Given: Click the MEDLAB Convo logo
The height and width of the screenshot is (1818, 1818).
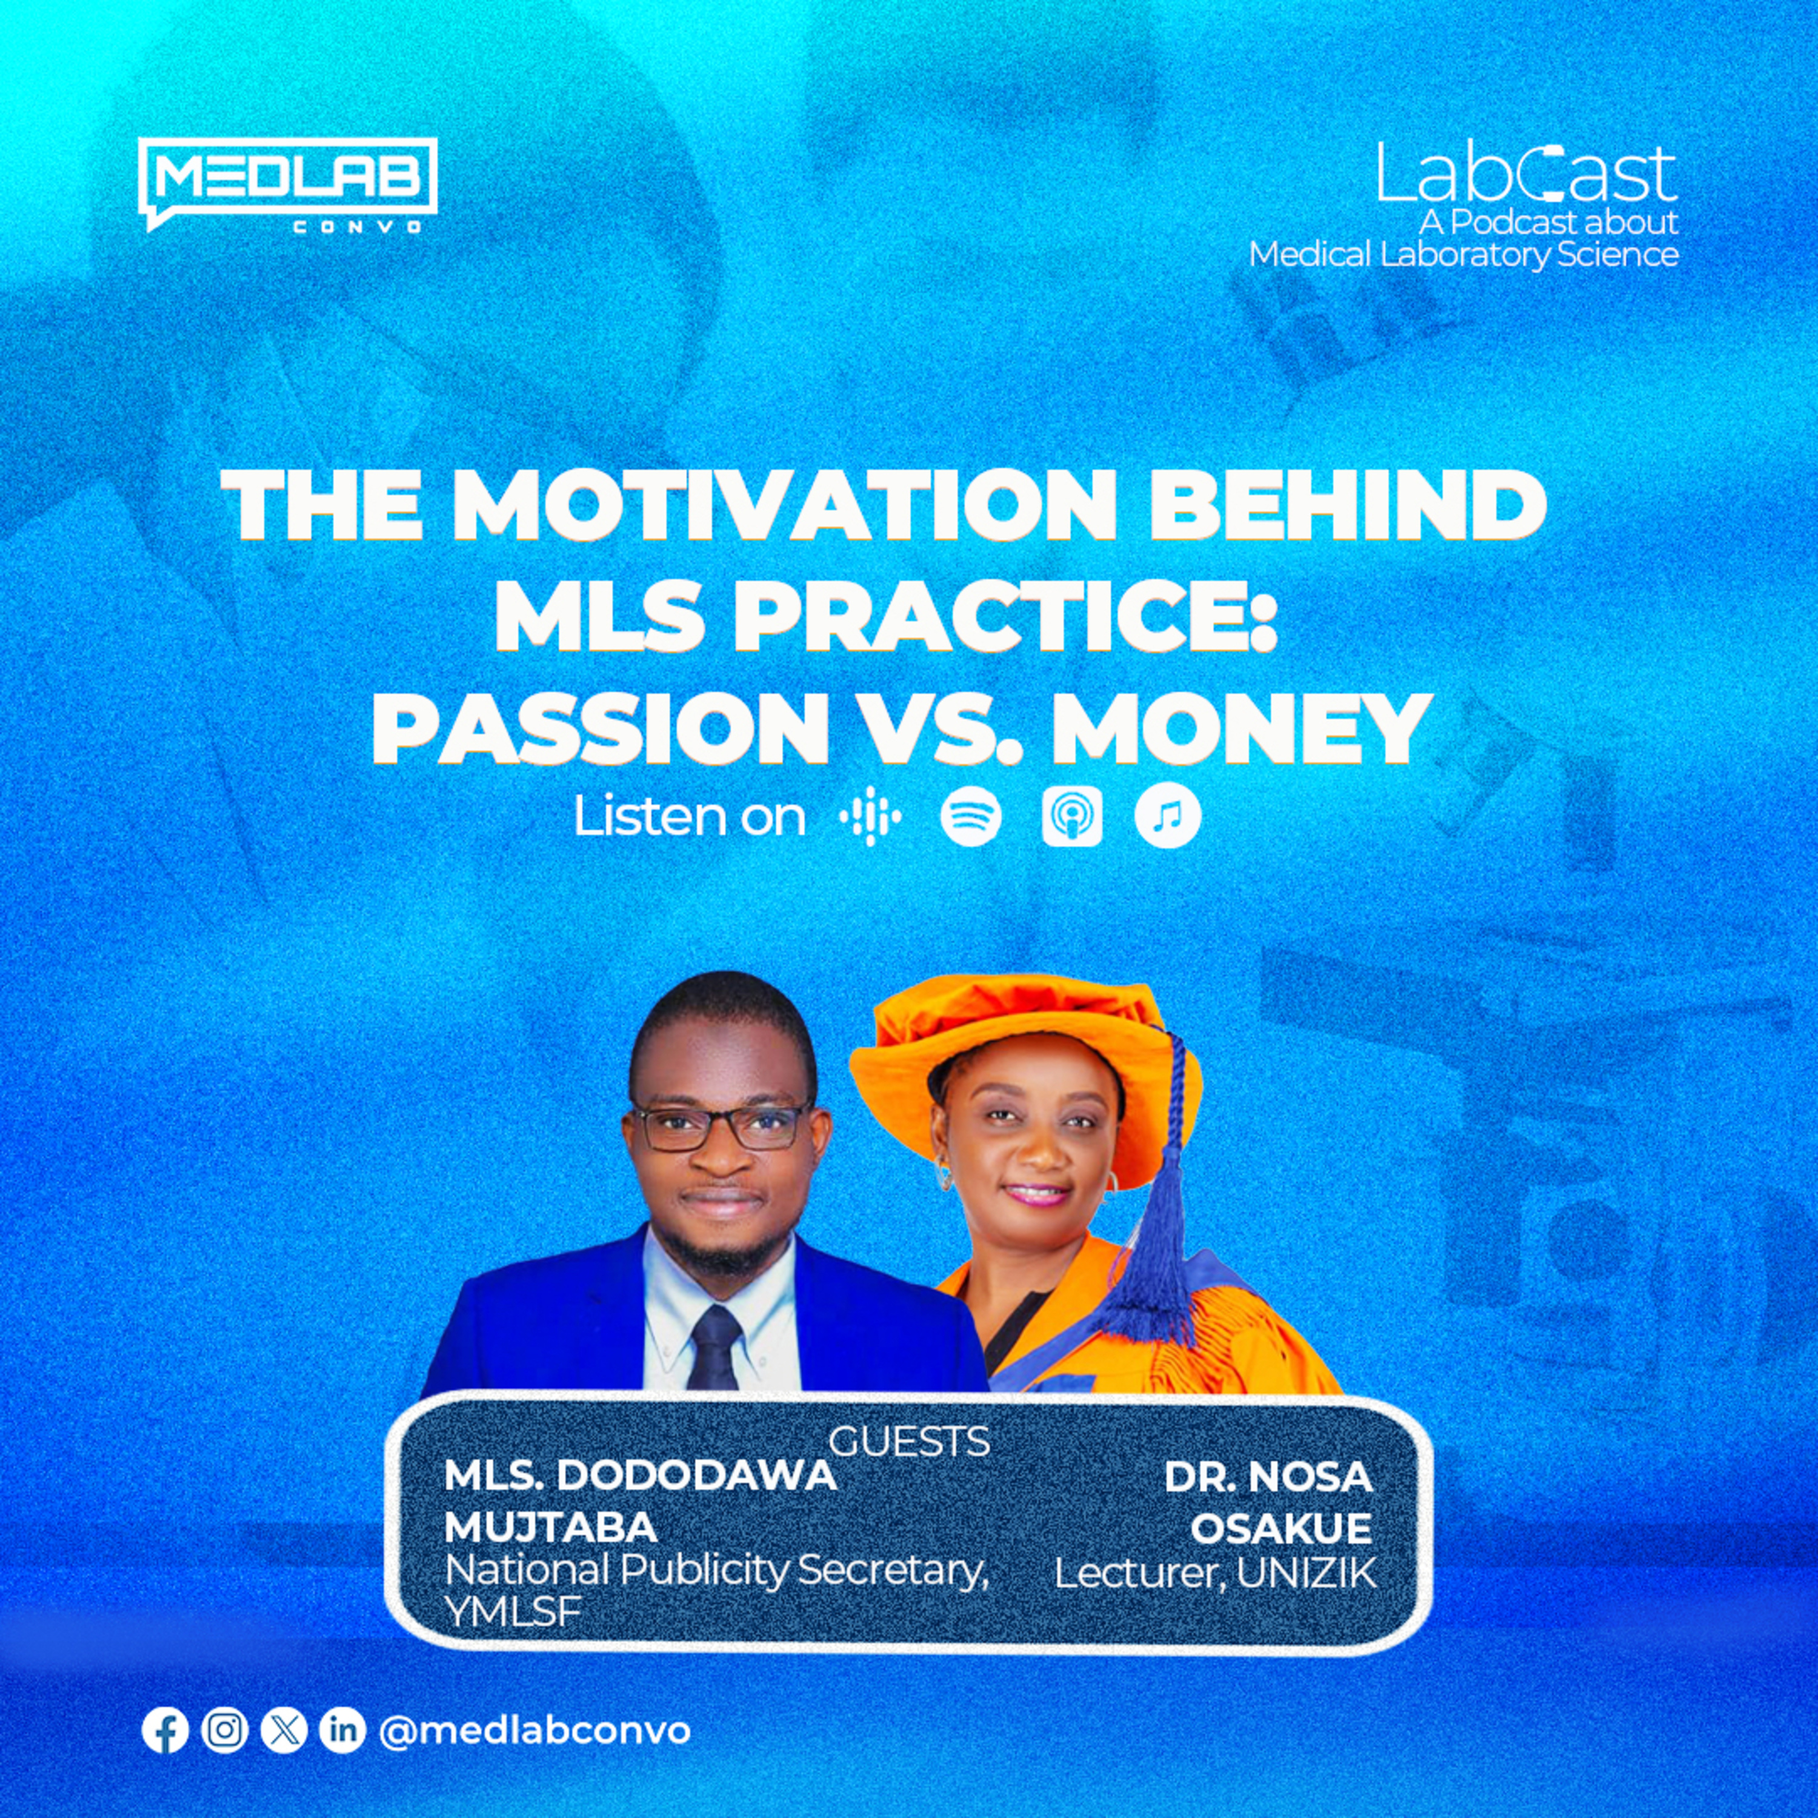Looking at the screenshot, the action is [x=287, y=184].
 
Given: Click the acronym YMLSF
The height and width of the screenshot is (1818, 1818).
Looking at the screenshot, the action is [x=512, y=1612].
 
